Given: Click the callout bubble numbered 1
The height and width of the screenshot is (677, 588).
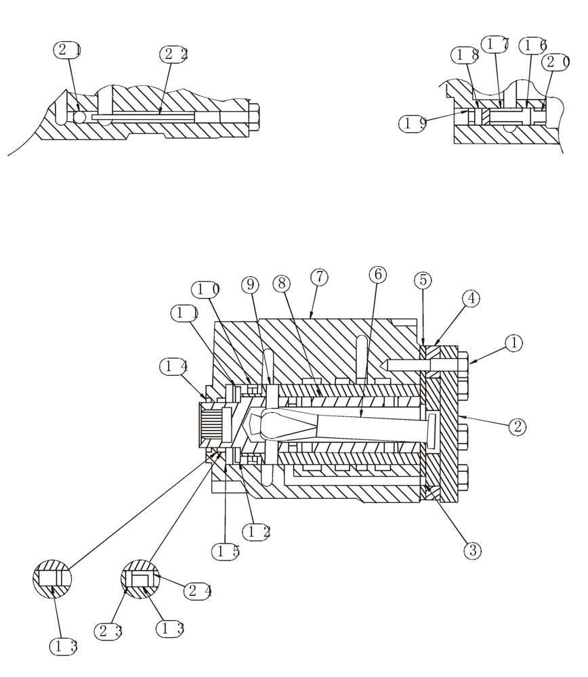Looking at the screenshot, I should [x=514, y=343].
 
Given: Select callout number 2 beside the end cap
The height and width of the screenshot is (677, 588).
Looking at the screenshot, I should [x=518, y=427].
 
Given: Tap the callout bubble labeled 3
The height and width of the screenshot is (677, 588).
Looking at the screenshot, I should [x=472, y=551].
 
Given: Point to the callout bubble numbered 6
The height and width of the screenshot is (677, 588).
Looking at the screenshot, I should [x=378, y=274].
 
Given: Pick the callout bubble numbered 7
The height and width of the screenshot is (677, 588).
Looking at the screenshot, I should [x=319, y=277].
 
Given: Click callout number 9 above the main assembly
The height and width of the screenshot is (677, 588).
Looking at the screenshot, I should [x=250, y=285].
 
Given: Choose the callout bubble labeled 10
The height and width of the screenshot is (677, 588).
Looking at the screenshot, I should [x=206, y=290].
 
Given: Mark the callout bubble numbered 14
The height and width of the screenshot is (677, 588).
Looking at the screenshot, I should [x=173, y=367].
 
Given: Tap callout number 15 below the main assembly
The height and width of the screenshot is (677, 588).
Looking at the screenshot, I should [x=226, y=552].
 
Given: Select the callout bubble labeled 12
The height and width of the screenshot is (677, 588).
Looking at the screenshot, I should [x=257, y=532].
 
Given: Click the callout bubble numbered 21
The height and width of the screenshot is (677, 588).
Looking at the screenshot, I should [x=68, y=49].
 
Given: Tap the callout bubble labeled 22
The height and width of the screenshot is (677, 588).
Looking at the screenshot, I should [x=173, y=54].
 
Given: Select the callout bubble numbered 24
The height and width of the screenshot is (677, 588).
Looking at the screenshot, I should [x=198, y=590].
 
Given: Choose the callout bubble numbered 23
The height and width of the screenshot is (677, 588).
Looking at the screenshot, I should [x=108, y=632].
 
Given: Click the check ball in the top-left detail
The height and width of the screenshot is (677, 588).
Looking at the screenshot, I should [x=80, y=118].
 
